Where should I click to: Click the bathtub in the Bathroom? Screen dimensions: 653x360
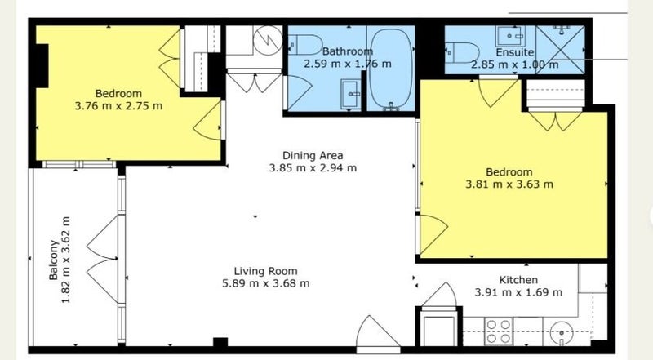(x=391, y=69)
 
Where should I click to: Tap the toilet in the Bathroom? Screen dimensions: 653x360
(x=305, y=45)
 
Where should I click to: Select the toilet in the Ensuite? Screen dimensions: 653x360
(x=463, y=52)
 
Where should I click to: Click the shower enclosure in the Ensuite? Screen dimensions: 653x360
(x=561, y=49)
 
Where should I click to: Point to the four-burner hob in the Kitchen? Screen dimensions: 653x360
(x=499, y=331)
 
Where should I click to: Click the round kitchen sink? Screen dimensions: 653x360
(x=562, y=333)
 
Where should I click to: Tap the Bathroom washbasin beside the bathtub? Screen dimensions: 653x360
(x=351, y=94)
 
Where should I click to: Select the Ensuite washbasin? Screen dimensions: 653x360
(x=510, y=36)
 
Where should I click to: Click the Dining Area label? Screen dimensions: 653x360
(x=313, y=155)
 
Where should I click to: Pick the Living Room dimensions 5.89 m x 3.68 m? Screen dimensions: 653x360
(x=266, y=283)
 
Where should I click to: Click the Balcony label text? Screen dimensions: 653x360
(x=53, y=260)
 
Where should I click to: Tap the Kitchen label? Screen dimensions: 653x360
(x=518, y=279)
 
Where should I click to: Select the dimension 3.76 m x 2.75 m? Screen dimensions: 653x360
(x=118, y=106)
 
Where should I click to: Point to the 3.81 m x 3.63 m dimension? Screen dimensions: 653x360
(x=509, y=184)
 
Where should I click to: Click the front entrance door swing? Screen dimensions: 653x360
(x=376, y=332)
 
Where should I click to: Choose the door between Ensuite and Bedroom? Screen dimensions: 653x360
(x=498, y=91)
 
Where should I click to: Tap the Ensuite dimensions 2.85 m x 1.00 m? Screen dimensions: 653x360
(x=515, y=64)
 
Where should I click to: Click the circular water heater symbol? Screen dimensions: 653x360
(x=268, y=41)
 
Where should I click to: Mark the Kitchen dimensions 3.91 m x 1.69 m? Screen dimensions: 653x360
(x=518, y=292)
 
